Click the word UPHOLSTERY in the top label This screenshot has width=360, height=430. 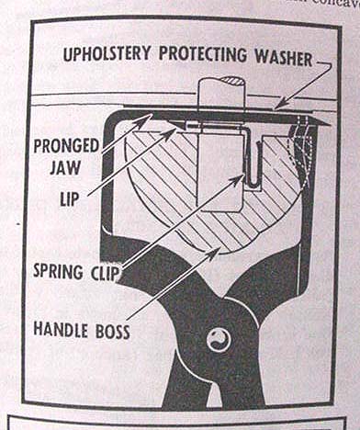pos(107,54)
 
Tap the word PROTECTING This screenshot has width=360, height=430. pos(203,54)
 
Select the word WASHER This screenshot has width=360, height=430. pos(284,57)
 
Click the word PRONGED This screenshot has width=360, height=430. pos(66,146)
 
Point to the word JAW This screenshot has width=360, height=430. pos(65,167)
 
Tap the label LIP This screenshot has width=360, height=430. pos(69,198)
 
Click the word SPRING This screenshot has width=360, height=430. pos(58,271)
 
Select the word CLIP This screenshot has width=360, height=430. pos(105,273)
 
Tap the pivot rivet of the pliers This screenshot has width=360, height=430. pos(219,340)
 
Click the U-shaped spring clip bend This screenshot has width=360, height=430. pos(254,184)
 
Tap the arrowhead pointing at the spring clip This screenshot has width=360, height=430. pos(238,178)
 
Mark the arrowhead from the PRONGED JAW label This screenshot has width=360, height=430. pos(145,120)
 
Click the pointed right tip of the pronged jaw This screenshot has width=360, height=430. pos(330,124)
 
